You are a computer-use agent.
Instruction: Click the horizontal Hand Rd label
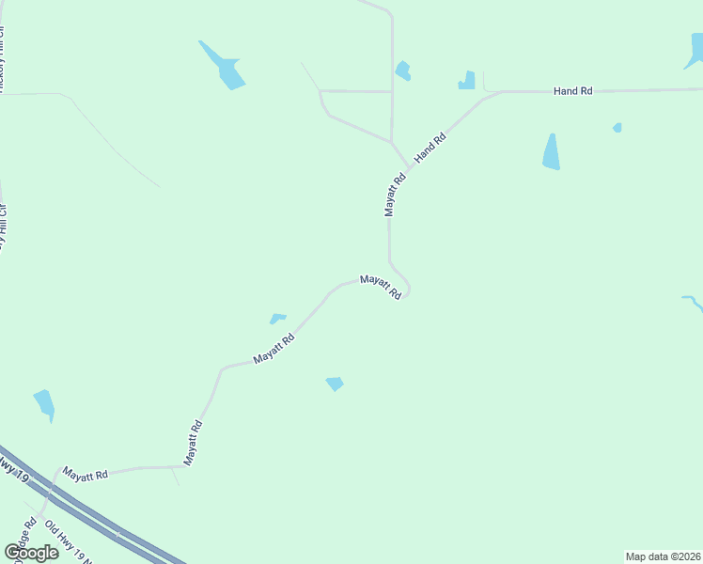point(573,91)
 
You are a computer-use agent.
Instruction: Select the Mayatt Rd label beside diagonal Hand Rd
point(395,195)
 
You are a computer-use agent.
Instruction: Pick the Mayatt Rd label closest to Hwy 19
point(86,475)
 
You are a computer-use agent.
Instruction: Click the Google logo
point(31,552)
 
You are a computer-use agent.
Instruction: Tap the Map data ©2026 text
point(664,556)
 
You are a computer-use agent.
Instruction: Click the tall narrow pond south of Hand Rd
point(552,152)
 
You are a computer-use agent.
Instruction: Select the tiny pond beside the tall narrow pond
point(617,127)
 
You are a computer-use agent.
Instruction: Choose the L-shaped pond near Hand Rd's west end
point(467,81)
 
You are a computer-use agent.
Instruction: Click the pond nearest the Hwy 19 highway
point(44,404)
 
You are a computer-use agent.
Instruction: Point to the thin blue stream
point(693,303)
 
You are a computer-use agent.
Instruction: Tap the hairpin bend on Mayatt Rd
point(408,288)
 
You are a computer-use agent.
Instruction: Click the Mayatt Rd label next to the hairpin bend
point(381,287)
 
